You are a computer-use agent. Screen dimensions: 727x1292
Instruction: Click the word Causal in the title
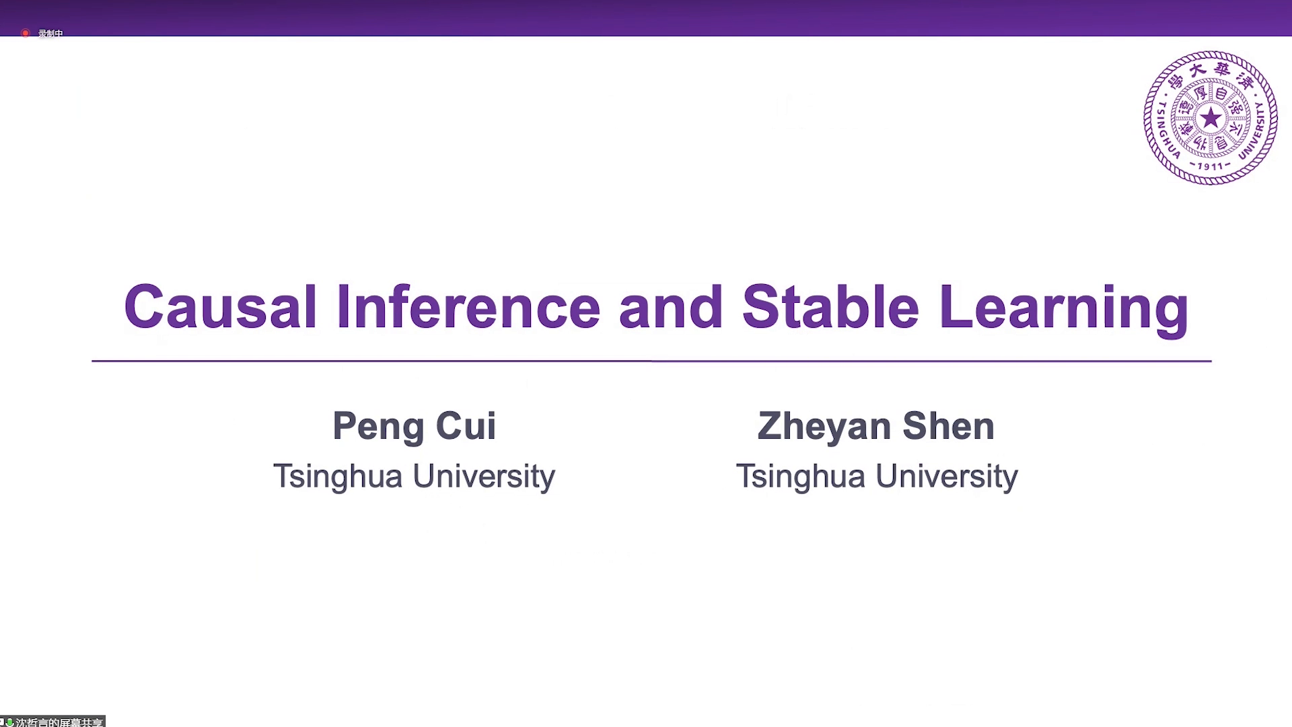[220, 307]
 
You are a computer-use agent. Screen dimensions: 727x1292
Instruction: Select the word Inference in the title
[468, 307]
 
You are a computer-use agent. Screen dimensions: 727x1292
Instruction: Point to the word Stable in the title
[830, 307]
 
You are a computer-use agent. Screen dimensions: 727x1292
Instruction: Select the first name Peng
[378, 427]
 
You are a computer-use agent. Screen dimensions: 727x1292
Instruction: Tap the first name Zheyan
[824, 427]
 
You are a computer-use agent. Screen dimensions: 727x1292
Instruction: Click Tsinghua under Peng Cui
[338, 477]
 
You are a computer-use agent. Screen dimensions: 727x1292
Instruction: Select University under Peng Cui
[484, 477]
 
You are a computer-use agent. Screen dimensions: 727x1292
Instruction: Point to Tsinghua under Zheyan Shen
[801, 477]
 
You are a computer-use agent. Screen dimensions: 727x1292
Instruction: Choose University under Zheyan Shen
[947, 477]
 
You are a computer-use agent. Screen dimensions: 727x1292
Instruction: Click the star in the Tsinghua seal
[1211, 118]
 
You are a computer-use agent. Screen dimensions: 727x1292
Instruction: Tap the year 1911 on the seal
[1210, 166]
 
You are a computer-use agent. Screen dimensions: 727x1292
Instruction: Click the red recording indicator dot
[25, 33]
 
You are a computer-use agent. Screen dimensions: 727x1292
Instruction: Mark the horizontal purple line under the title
[651, 361]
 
